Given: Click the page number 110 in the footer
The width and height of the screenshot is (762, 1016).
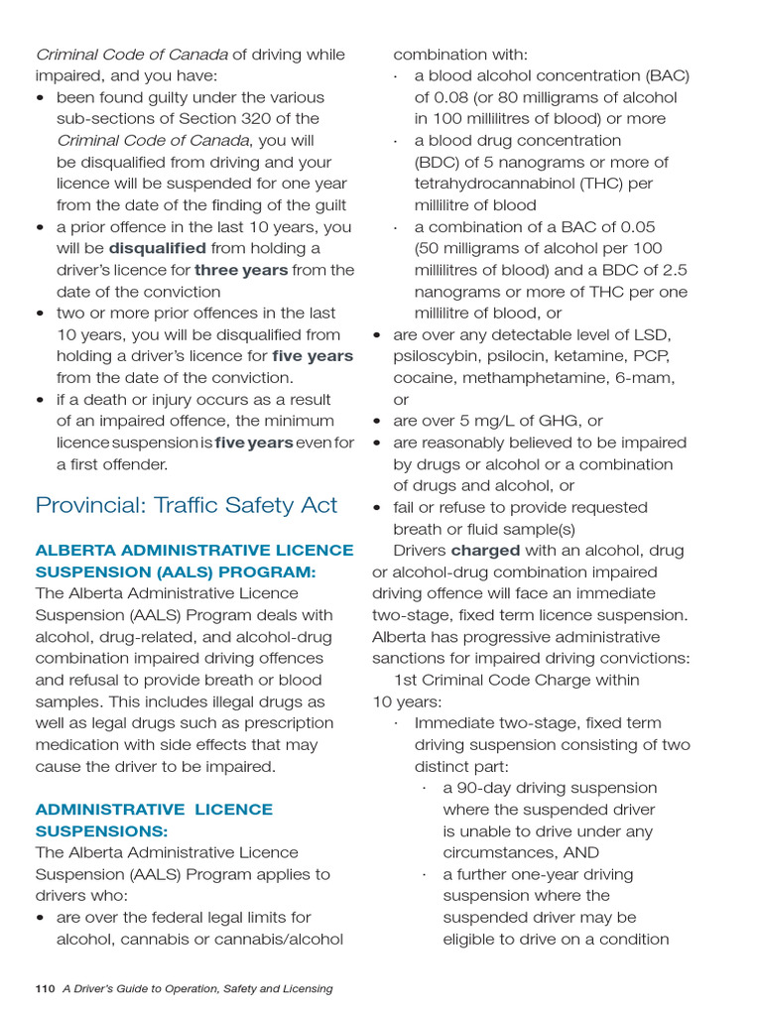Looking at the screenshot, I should tap(45, 988).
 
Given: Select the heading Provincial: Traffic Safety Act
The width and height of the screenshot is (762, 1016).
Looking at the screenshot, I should tap(187, 505).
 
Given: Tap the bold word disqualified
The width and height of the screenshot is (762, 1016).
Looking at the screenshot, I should tap(157, 248).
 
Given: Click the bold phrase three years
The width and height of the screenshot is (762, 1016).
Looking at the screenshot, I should tap(241, 270).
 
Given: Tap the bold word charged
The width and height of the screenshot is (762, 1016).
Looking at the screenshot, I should tap(485, 551).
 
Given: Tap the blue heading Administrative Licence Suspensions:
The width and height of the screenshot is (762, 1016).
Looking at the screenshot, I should tap(154, 820).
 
